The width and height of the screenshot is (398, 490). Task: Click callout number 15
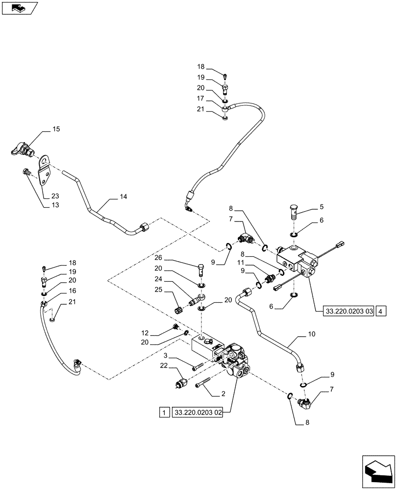point(56,129)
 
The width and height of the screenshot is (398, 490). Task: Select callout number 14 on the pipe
point(123,197)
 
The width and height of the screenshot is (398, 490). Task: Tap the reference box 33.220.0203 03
point(349,311)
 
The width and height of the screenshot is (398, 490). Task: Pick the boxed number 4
point(382,311)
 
